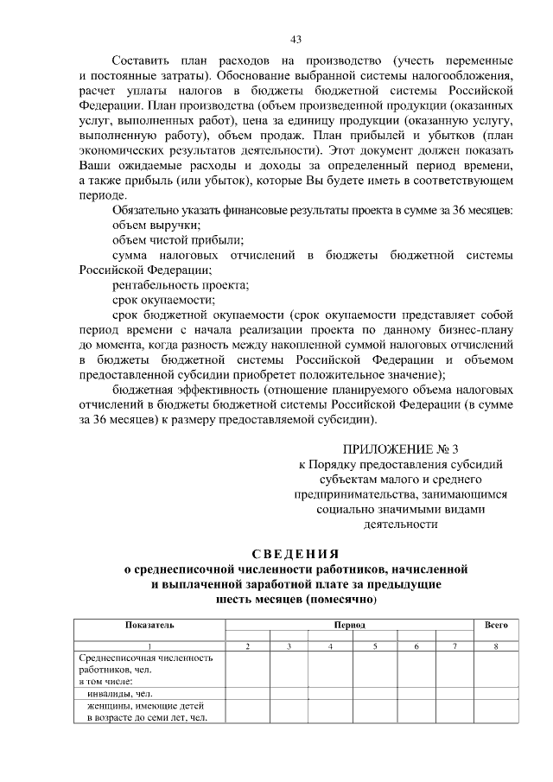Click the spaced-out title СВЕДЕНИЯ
coord(296,553)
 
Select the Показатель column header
coord(149,624)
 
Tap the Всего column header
coord(495,624)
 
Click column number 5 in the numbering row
coord(375,647)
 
